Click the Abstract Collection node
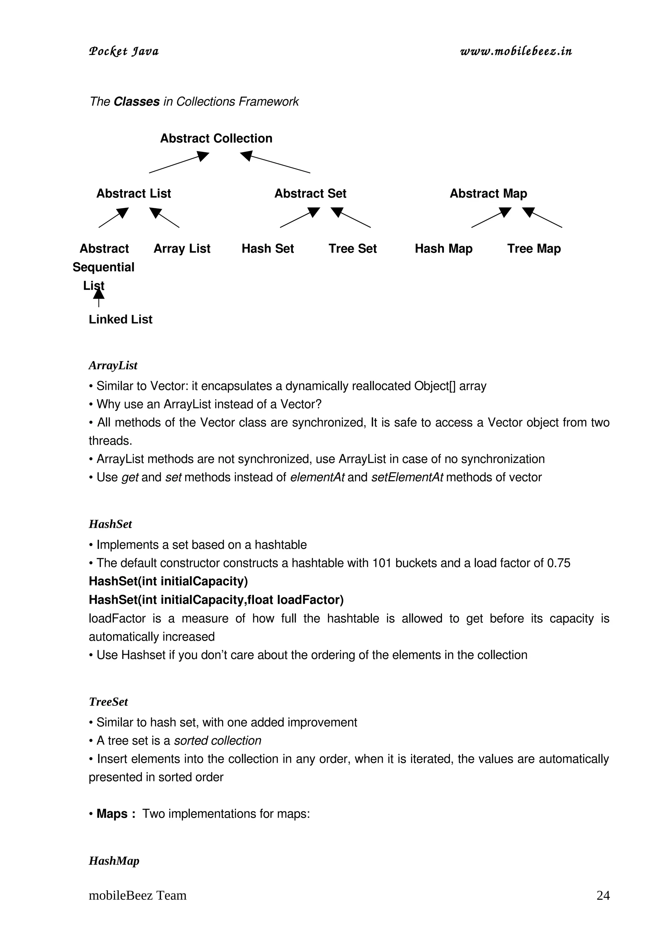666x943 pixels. [x=216, y=138]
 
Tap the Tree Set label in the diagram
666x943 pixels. [x=352, y=249]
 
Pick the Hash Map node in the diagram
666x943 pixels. [x=443, y=249]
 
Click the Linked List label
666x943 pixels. [x=120, y=319]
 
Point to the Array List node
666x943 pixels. [x=182, y=249]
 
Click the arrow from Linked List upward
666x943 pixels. [x=99, y=298]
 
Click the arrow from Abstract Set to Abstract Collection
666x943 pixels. [x=275, y=162]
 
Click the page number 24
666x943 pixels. [x=603, y=895]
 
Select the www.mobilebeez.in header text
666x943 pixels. [x=516, y=51]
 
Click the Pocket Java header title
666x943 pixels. [x=124, y=52]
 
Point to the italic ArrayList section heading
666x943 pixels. [x=113, y=365]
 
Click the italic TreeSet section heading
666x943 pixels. [x=108, y=702]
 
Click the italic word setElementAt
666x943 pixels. [x=407, y=477]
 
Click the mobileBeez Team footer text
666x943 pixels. [x=138, y=895]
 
